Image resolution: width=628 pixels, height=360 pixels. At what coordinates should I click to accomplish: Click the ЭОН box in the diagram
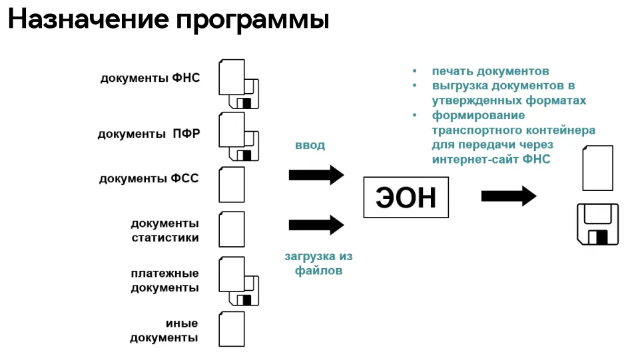click(406, 197)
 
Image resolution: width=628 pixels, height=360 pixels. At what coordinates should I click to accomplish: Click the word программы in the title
click(252, 20)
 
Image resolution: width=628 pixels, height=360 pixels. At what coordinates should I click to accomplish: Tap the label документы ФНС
click(151, 78)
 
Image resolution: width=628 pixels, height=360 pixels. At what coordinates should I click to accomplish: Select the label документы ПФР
click(149, 134)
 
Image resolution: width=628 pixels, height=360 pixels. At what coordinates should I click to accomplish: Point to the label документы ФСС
click(149, 178)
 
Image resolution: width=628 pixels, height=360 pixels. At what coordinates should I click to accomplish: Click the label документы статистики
click(165, 230)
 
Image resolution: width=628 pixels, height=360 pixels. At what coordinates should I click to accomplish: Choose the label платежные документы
click(165, 280)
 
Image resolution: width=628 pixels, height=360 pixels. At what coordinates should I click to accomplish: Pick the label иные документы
click(164, 331)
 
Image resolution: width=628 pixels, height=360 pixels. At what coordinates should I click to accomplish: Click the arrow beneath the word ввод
click(316, 175)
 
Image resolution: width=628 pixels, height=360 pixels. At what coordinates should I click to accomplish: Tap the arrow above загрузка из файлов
click(316, 225)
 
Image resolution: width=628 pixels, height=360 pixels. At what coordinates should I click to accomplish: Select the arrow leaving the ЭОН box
click(509, 196)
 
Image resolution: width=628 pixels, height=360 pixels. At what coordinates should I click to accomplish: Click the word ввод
click(310, 145)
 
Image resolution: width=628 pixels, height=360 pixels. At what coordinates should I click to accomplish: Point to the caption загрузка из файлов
click(319, 264)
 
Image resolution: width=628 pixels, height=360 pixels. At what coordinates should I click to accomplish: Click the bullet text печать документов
click(490, 71)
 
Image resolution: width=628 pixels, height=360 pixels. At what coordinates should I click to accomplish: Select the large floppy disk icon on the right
click(597, 224)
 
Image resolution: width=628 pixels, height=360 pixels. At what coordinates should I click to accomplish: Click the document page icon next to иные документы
click(232, 329)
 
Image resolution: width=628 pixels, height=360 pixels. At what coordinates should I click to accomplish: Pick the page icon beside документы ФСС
click(232, 184)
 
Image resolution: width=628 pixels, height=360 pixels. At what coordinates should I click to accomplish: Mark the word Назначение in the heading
click(89, 19)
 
